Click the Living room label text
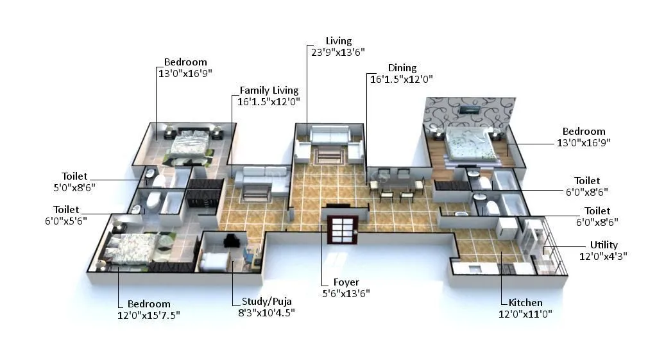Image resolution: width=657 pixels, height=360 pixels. pyautogui.click(x=338, y=41)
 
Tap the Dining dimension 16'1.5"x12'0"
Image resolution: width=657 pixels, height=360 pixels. pyautogui.click(x=401, y=79)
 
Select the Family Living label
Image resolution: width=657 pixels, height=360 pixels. pyautogui.click(x=269, y=90)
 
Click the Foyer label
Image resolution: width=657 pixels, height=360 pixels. pyautogui.click(x=346, y=282)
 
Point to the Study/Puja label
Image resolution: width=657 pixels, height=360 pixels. pyautogui.click(x=268, y=302)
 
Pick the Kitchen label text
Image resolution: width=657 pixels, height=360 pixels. pyautogui.click(x=525, y=303)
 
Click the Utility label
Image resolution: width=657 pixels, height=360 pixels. pyautogui.click(x=604, y=244)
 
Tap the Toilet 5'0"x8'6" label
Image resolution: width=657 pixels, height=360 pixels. pyautogui.click(x=74, y=176)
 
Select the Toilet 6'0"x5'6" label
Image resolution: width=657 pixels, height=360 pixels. pyautogui.click(x=66, y=209)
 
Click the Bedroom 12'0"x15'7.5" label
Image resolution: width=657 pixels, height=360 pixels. pyautogui.click(x=149, y=304)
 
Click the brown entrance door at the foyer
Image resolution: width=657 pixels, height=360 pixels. pyautogui.click(x=341, y=229)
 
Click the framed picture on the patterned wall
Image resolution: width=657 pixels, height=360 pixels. pyautogui.click(x=472, y=110)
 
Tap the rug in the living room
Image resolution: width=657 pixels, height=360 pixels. pyautogui.click(x=329, y=153)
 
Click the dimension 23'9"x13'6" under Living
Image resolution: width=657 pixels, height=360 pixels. pyautogui.click(x=338, y=53)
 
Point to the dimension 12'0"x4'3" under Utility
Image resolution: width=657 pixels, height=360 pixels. pyautogui.click(x=604, y=255)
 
